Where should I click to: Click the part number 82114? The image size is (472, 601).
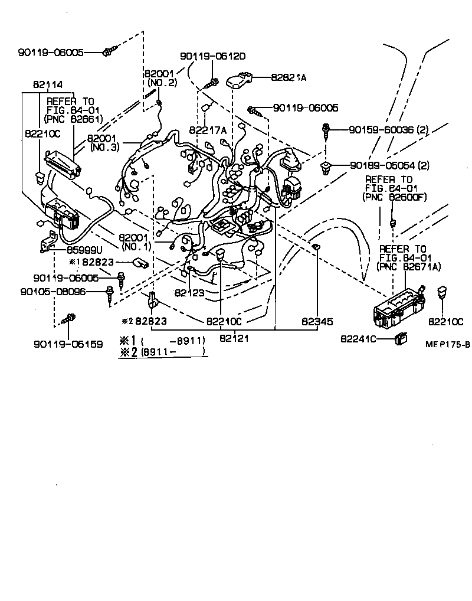pos(48,84)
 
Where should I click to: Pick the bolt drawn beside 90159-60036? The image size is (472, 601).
pos(326,130)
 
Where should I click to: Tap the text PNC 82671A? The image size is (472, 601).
pos(410,267)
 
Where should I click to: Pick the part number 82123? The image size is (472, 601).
pos(189,292)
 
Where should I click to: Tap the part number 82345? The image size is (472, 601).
pos(317,322)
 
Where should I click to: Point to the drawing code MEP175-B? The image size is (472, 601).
pos(448,344)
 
